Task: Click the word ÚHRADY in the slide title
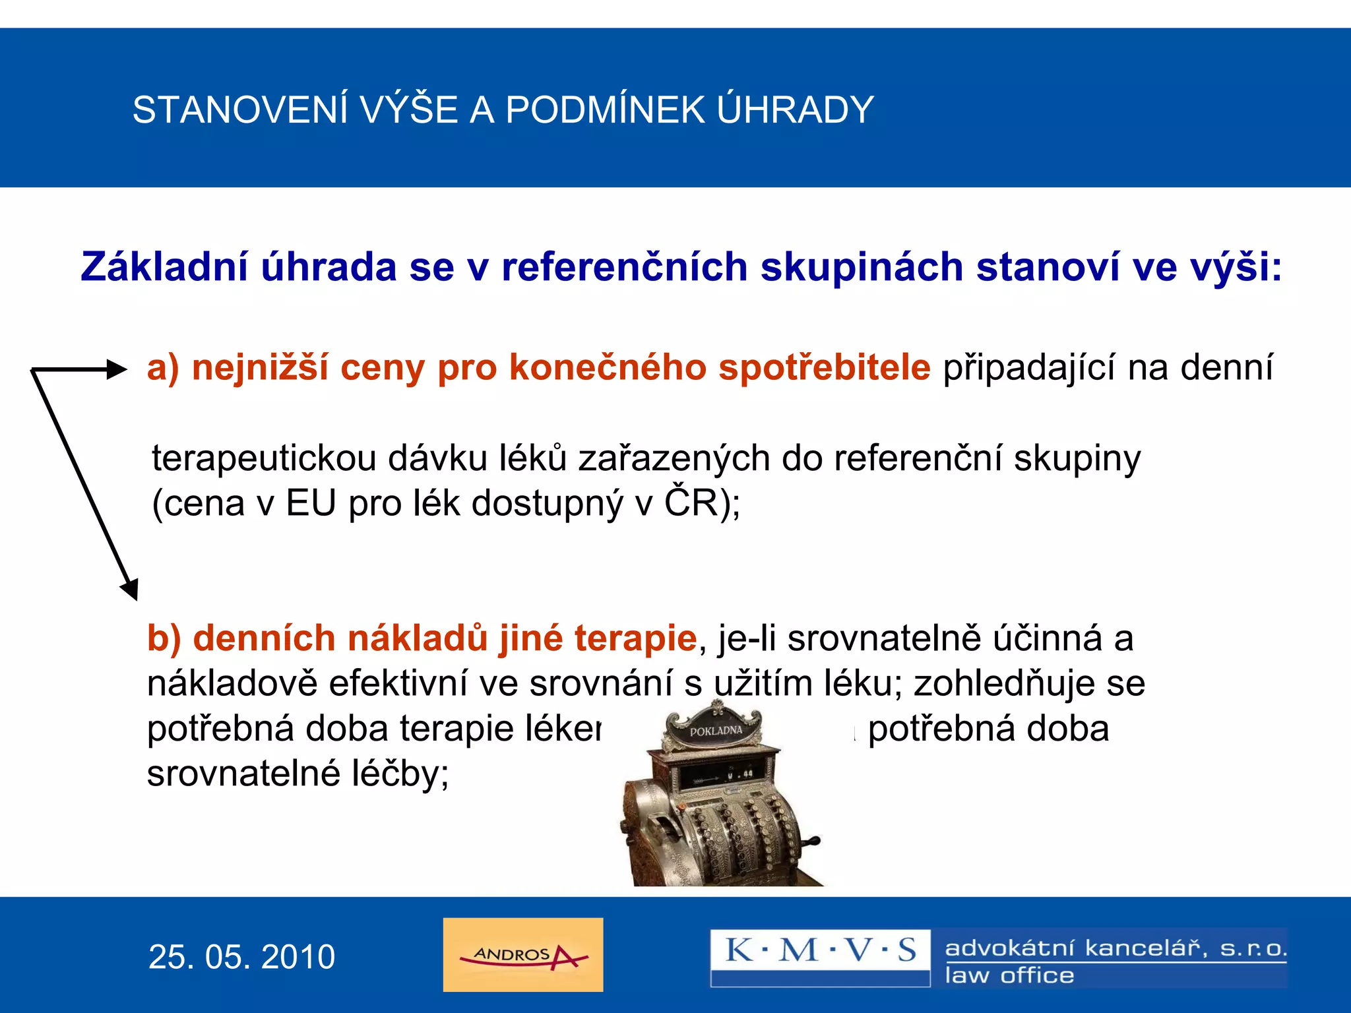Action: [795, 109]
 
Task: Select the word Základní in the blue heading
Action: [164, 267]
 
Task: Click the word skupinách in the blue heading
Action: [862, 267]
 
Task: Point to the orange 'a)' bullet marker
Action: [163, 367]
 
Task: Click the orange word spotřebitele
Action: [824, 367]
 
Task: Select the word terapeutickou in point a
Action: [263, 458]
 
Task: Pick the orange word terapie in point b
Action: [635, 638]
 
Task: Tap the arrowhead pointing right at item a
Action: [117, 369]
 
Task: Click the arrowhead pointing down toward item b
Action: [130, 588]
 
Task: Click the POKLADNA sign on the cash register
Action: [715, 731]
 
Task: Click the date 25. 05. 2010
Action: [241, 957]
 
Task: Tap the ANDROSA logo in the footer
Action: [522, 954]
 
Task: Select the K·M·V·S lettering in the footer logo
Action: [820, 950]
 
